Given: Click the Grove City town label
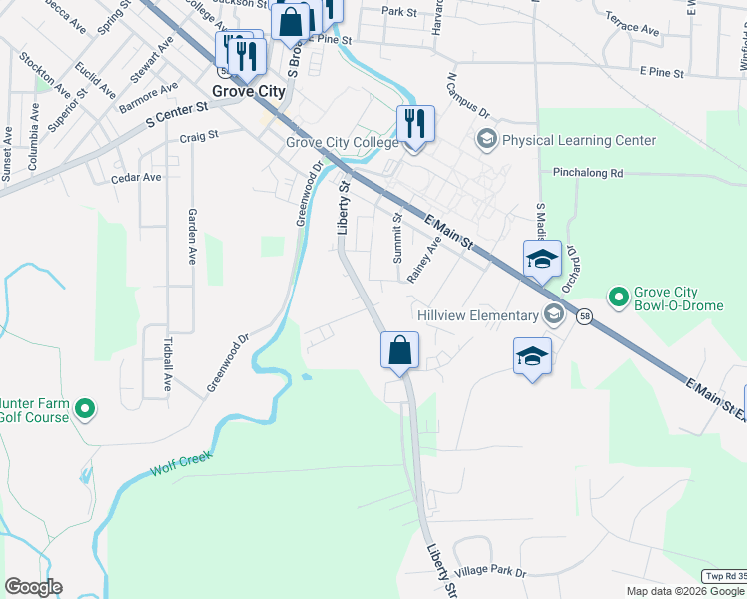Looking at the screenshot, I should click(x=244, y=91).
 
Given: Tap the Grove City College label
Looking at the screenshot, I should click(x=343, y=142).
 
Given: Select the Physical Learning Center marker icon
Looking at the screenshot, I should click(x=487, y=139).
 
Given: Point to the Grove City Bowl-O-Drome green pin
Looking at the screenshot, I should click(x=619, y=297).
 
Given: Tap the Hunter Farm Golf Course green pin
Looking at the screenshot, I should click(x=85, y=407).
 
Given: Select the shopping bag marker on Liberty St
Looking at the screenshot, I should click(x=399, y=350).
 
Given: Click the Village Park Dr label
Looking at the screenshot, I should click(x=490, y=572).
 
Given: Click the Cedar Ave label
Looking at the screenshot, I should click(x=137, y=177).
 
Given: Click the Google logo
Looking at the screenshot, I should click(x=33, y=587).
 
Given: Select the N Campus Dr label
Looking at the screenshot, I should click(x=469, y=95).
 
